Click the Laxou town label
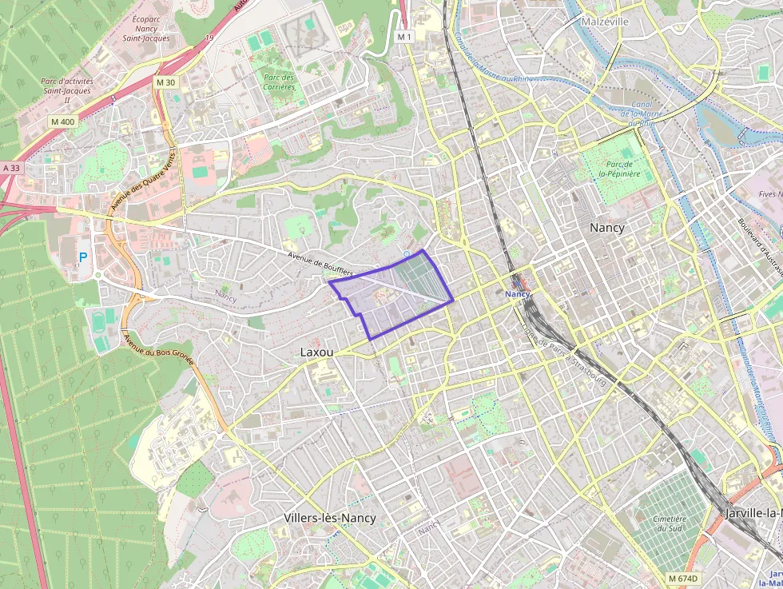(316, 352)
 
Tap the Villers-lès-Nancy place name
(329, 518)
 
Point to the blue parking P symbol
(83, 257)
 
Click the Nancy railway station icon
(518, 283)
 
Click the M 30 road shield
(165, 83)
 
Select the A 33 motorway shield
(10, 169)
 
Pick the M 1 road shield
(404, 37)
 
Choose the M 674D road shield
(683, 578)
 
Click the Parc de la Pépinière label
(621, 167)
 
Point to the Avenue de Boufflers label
(320, 261)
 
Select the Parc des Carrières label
(278, 82)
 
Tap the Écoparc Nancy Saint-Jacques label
(146, 26)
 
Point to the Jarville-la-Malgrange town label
(754, 512)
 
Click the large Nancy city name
(606, 228)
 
